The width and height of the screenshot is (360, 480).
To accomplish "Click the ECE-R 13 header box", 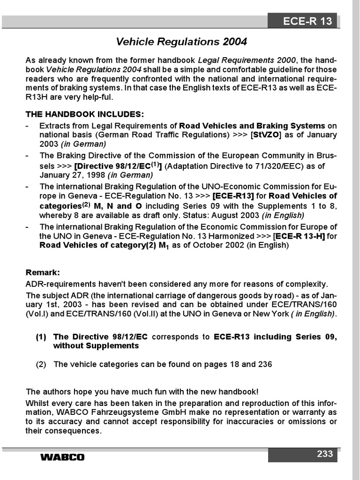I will [x=302, y=21].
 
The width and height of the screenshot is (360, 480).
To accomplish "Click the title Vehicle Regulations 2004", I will [x=181, y=42].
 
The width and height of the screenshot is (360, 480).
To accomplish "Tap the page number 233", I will [x=324, y=453].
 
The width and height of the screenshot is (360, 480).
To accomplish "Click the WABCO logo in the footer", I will [x=62, y=457].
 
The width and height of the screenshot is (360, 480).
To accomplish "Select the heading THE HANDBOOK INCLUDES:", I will [x=85, y=114].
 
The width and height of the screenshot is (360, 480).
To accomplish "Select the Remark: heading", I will [x=43, y=272].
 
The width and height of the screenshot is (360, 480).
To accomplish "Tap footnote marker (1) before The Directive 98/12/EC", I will [x=41, y=337].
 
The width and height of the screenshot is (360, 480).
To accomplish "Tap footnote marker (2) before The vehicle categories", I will [x=41, y=364].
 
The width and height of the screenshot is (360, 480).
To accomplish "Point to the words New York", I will [x=270, y=314].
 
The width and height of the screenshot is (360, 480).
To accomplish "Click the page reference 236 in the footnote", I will [x=265, y=364].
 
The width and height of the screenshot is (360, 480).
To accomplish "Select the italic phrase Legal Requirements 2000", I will [x=247, y=60].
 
